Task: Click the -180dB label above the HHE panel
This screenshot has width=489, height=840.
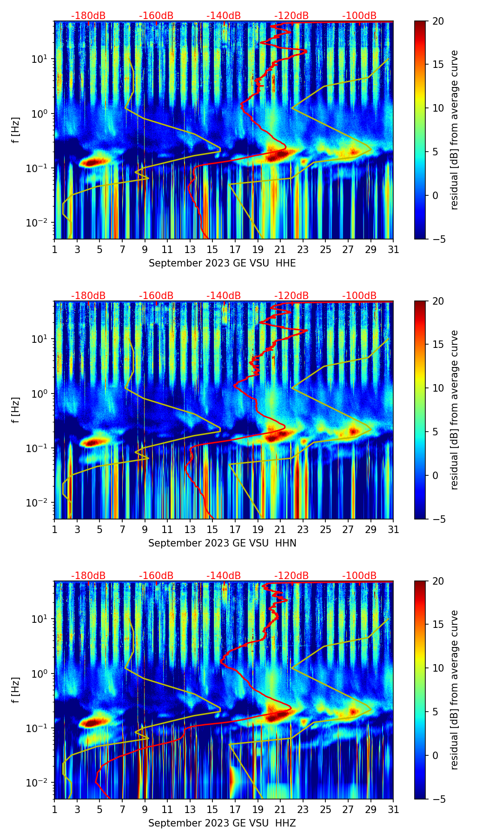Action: [x=88, y=16]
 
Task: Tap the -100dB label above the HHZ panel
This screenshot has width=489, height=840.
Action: [x=359, y=576]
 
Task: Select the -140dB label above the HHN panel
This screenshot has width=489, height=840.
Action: [x=224, y=296]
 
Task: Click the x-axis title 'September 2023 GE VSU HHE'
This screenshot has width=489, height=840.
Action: [x=222, y=263]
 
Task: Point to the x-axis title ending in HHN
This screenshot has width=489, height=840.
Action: [x=222, y=543]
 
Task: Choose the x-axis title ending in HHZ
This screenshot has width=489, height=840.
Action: [x=222, y=823]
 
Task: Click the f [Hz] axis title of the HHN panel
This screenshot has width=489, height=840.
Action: [x=16, y=410]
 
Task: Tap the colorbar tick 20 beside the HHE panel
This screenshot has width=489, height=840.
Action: [x=438, y=21]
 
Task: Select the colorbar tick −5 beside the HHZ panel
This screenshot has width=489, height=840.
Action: [x=438, y=799]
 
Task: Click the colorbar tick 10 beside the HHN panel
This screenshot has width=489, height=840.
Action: [x=438, y=388]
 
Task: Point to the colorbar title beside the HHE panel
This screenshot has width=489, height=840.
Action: [x=454, y=130]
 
